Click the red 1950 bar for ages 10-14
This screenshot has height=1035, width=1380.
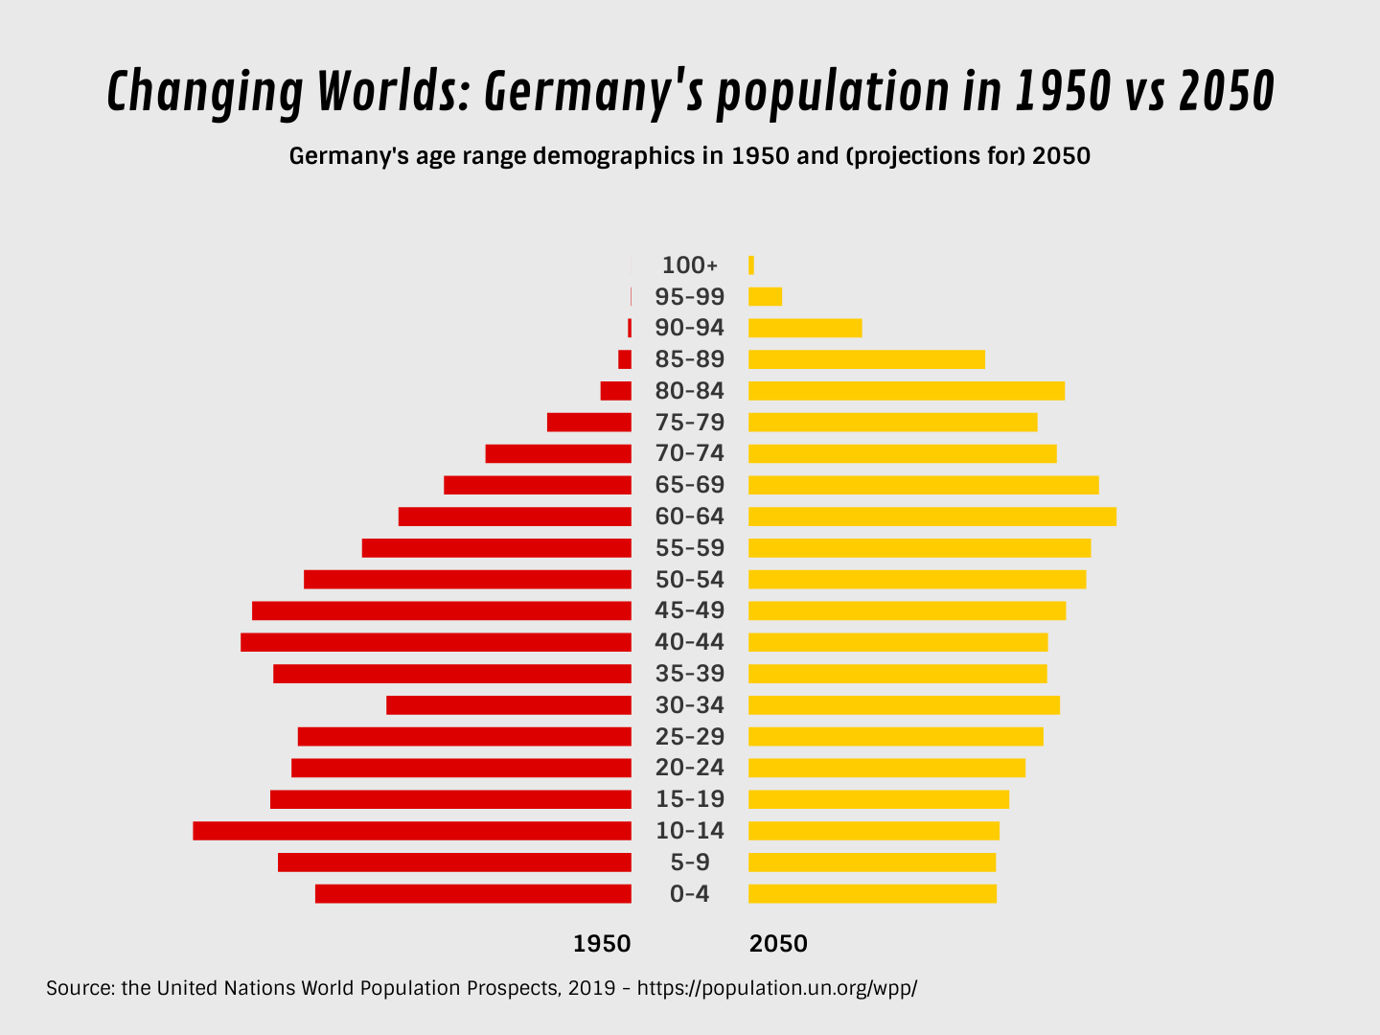pos(412,831)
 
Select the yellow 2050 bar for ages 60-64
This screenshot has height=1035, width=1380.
pos(931,517)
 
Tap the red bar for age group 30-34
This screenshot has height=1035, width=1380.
pos(509,705)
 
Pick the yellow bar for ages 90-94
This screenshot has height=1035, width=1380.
pos(805,328)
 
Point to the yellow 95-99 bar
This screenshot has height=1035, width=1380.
pos(765,297)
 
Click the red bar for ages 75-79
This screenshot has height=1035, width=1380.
pos(589,423)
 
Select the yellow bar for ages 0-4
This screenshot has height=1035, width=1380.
pos(872,894)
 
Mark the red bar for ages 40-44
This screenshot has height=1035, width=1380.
pos(436,642)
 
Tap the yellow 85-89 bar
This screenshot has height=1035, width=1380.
pos(866,359)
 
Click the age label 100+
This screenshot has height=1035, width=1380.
pos(689,265)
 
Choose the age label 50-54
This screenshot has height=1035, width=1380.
pos(689,580)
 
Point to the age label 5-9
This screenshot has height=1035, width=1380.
pos(689,862)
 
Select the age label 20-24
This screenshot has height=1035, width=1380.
pos(689,768)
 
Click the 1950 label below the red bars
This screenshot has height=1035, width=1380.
pos(602,944)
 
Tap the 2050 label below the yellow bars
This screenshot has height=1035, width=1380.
pos(778,944)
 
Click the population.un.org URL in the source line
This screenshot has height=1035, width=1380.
pos(776,988)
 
